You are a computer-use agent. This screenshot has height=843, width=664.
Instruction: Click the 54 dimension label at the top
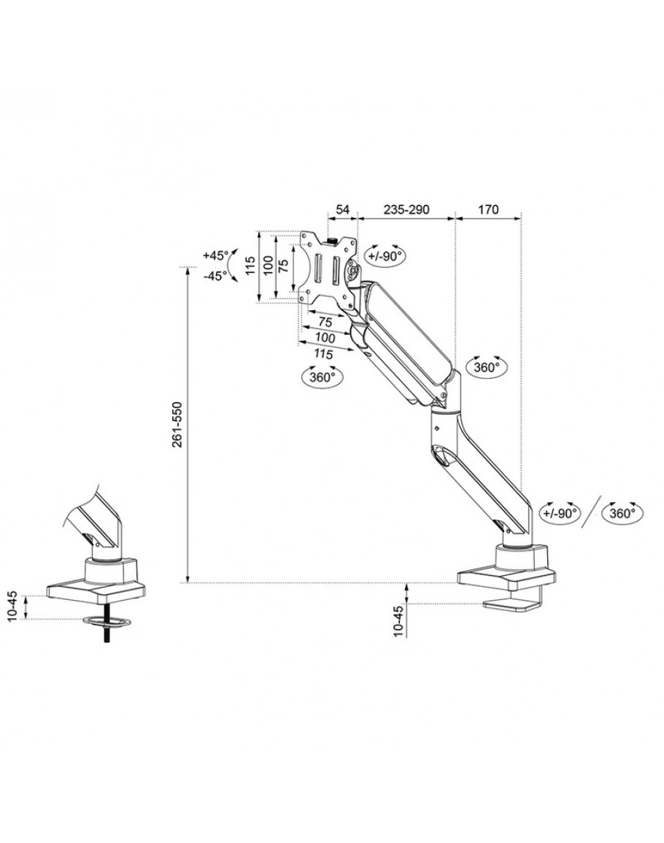342,209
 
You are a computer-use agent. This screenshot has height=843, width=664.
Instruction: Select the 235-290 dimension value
406,209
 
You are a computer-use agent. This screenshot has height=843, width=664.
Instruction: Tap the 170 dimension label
488,209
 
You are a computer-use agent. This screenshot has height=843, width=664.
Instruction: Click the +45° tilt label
215,256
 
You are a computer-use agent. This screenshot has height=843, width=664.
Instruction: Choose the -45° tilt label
215,276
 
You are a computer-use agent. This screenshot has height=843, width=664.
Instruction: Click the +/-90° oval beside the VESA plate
386,256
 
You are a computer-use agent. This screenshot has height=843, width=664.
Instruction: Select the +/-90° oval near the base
559,513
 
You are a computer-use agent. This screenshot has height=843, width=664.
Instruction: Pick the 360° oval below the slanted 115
323,377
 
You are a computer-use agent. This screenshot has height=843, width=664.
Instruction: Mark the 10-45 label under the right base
398,620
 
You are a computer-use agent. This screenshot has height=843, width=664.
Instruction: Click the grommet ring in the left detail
107,622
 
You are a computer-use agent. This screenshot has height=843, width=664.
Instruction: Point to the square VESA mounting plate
327,266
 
